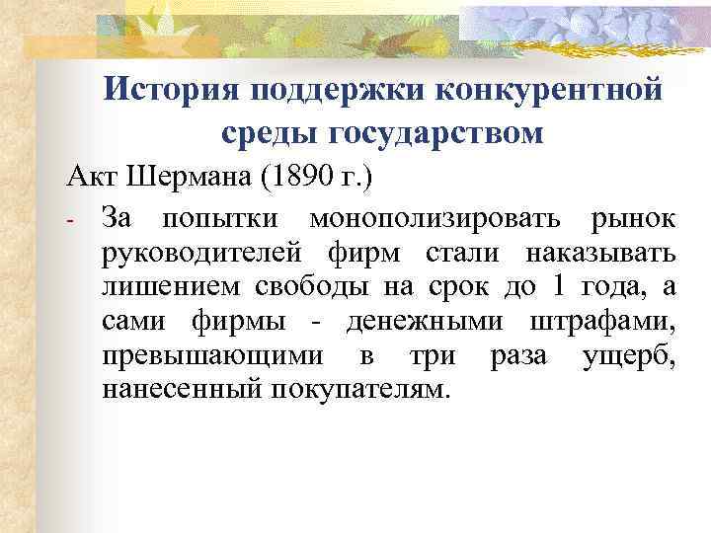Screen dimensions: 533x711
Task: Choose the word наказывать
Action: click(600, 253)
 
